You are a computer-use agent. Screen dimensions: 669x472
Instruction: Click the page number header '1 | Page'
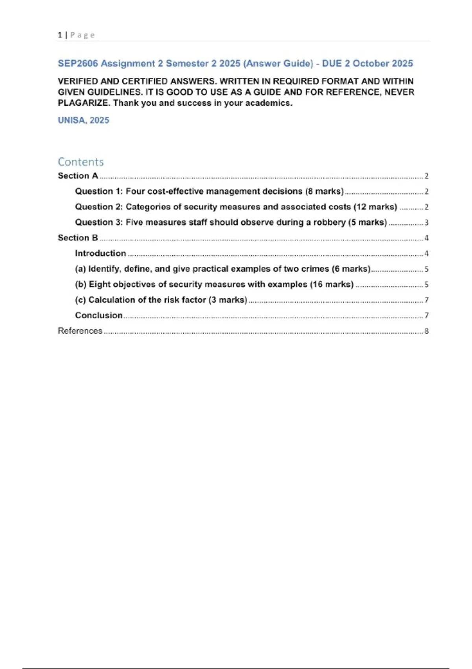[x=76, y=35]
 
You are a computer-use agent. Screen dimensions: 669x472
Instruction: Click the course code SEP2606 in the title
[x=78, y=64]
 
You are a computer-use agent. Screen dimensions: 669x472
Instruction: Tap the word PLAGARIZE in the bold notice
[x=83, y=103]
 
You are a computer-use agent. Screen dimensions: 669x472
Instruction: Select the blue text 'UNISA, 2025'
[x=83, y=120]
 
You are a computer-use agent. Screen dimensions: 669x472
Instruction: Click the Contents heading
[x=81, y=162]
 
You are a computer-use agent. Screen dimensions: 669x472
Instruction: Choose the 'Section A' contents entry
[x=78, y=176]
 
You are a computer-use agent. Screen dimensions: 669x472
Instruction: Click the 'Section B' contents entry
[x=78, y=238]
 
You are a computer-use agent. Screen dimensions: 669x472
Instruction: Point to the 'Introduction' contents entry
[x=100, y=253]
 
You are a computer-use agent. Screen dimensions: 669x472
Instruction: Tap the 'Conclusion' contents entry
[x=99, y=315]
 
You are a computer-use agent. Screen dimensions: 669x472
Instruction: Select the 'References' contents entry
[x=80, y=331]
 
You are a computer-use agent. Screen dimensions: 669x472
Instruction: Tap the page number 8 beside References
[x=426, y=331]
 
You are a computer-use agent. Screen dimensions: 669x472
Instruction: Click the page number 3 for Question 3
[x=426, y=223]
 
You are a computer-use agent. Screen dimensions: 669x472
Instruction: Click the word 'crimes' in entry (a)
[x=315, y=269]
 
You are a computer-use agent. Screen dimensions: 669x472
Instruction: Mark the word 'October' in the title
[x=371, y=64]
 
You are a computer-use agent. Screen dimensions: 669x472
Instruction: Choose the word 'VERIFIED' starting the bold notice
[x=77, y=81]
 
